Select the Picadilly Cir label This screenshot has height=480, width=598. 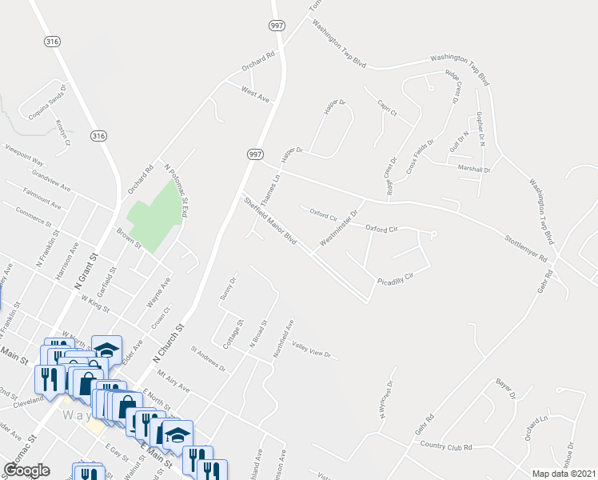click(x=395, y=278)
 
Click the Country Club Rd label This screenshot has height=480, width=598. click(x=446, y=446)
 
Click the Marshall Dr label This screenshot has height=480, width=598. click(x=474, y=170)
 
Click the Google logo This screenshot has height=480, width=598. click(x=26, y=470)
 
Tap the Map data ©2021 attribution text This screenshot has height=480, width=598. click(x=563, y=474)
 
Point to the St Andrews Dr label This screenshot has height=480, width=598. click(x=208, y=358)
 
